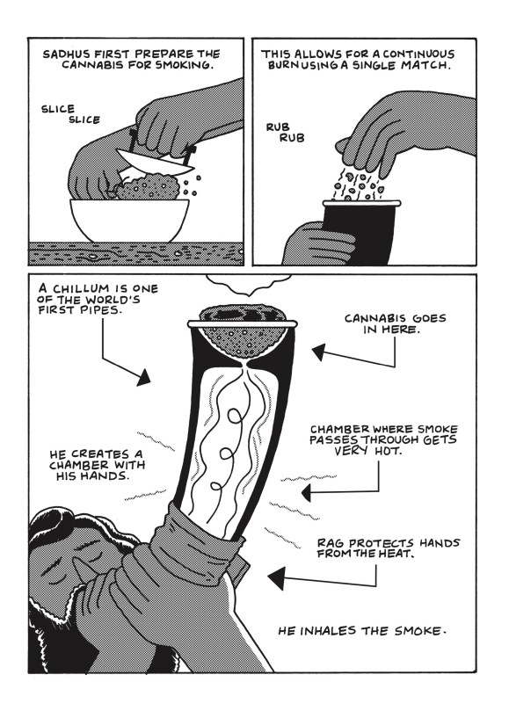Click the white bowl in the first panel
point(129,220)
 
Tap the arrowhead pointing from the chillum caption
point(144,377)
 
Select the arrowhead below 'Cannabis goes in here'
point(318,352)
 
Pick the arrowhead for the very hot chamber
point(306,492)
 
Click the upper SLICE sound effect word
point(58,109)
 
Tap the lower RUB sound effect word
point(292,138)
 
